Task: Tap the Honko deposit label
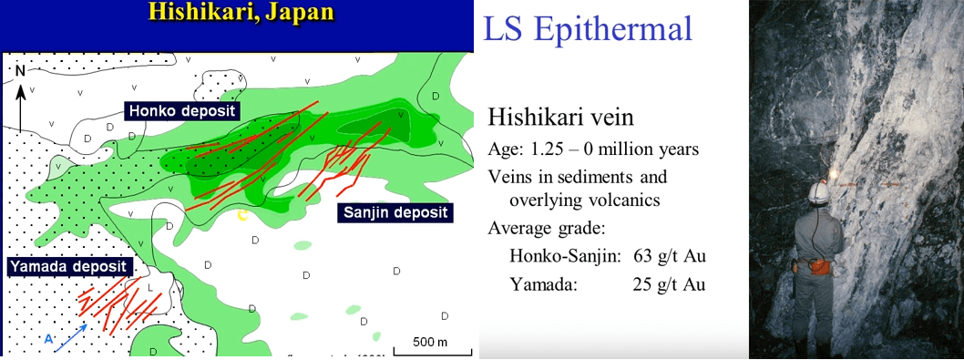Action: point(181,110)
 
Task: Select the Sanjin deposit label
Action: point(395,212)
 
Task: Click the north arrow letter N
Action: point(20,69)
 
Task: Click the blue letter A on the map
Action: point(50,338)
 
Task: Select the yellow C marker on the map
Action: point(242,215)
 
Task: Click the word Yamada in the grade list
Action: point(544,284)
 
